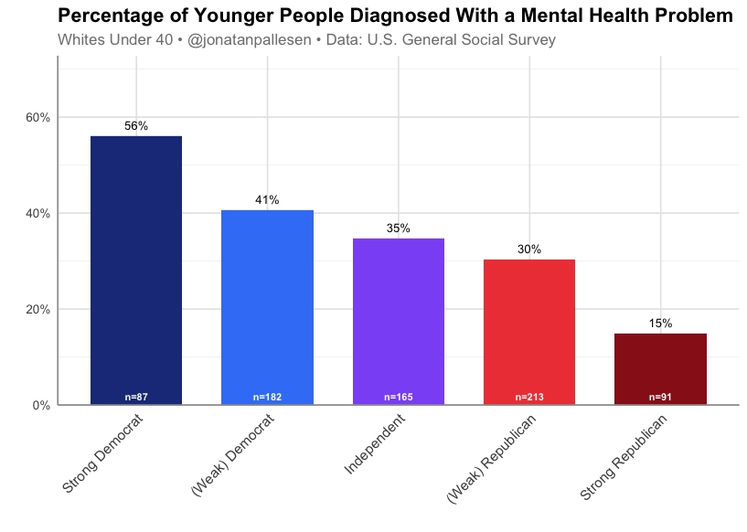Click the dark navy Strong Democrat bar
136,270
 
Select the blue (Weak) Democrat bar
267,306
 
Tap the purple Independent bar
398,320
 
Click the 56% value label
136,126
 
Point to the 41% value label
267,200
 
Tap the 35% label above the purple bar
398,229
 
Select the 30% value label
528,250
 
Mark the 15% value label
660,324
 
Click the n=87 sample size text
136,398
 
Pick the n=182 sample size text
267,398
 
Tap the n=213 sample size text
528,398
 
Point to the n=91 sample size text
660,398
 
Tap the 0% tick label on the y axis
41,405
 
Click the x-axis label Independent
375,444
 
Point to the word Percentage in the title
110,16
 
